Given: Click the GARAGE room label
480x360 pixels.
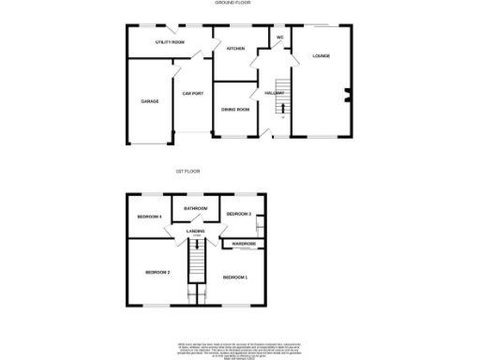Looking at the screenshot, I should coord(149,100).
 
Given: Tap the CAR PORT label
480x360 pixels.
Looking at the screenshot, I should coord(193,93).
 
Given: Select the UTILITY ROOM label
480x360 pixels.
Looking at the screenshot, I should coord(170,43).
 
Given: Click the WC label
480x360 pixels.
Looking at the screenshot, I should coord(279,37).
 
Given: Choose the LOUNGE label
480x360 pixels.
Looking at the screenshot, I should coord(322,56).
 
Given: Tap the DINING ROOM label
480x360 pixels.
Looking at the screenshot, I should coord(235,110).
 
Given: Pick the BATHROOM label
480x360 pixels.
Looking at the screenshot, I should coord(195,208).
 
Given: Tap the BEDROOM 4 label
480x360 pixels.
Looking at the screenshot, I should coord(150,217).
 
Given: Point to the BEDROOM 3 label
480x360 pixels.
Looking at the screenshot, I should coord(239,215).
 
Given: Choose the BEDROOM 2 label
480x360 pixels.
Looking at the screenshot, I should coord(157,272).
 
